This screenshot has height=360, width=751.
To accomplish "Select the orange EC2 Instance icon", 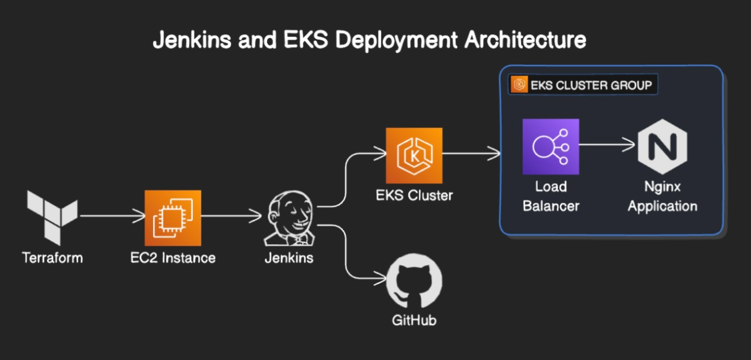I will pos(173,218).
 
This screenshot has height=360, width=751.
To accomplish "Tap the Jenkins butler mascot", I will pos(289,220).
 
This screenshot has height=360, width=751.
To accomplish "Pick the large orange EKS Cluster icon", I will pos(414,155).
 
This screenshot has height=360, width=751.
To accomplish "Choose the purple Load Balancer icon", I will pos(550,146).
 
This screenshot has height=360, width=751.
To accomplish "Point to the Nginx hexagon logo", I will pos(662,146).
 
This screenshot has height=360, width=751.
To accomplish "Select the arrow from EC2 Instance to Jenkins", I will pos(232,215).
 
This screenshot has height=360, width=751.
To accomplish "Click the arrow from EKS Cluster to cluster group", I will pos(471,155).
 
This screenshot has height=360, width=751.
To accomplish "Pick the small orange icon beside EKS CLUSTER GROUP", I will pos(519,85).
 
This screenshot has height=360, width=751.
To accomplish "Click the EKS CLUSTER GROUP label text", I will pos(591,85).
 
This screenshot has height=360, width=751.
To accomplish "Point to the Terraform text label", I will pos(52,258).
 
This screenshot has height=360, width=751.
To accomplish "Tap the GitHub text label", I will pos(414,320).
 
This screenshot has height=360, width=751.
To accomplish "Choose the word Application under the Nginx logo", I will pos(662,206).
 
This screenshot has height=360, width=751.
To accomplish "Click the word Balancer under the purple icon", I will pos(550,206).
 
